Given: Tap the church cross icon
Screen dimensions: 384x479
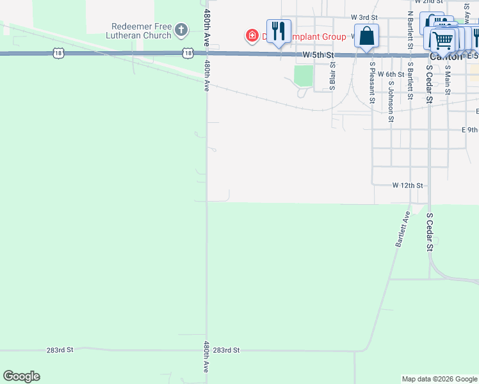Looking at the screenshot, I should pos(182,30).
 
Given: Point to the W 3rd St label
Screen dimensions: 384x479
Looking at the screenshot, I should pos(364,17).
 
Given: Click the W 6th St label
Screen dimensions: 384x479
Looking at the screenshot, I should pos(391,74).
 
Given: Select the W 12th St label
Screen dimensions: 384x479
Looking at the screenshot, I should pos(408,186).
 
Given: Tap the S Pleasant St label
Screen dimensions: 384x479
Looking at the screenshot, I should pos(371,82).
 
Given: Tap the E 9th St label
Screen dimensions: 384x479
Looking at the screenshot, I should pos(470,130).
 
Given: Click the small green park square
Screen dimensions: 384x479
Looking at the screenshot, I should pos(304,76).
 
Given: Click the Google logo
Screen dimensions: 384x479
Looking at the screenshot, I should pos(21,376).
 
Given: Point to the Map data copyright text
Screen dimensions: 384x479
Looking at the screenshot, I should pos(439,379).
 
